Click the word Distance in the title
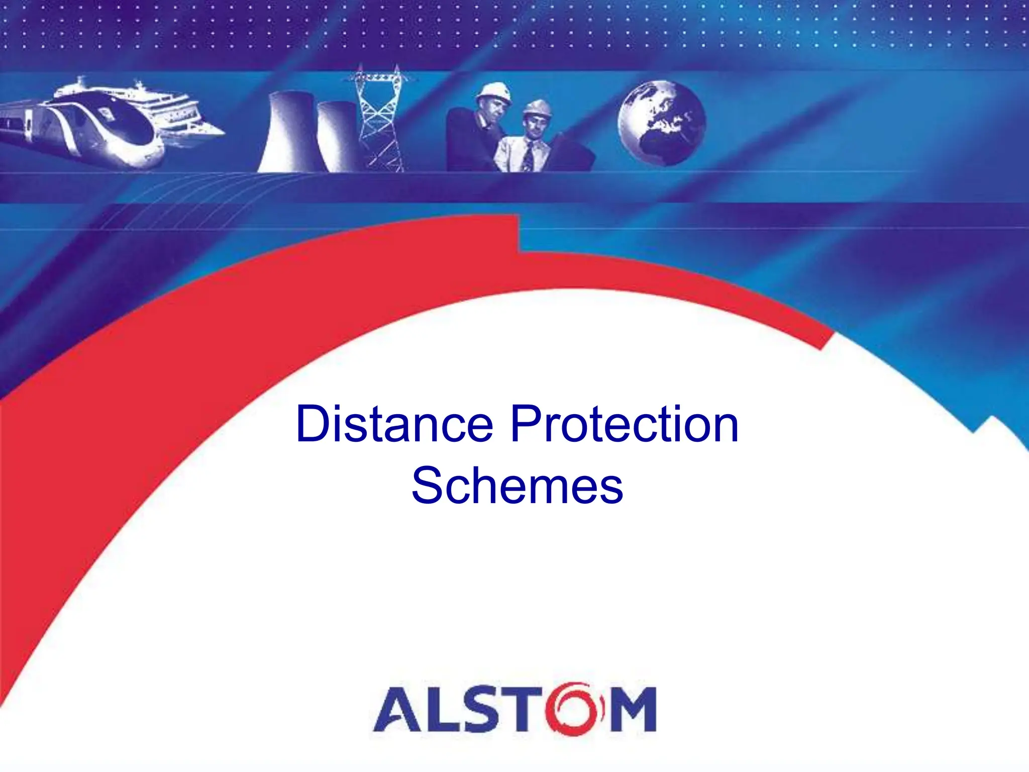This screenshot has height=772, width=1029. pos(394,425)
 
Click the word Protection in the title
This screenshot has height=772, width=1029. pos(625,425)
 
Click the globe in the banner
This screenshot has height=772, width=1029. pos(662,123)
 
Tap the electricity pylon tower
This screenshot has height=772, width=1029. pos(379,118)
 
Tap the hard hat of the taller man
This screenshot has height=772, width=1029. pos(494,92)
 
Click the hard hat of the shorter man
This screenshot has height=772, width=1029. pos(537,107)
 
